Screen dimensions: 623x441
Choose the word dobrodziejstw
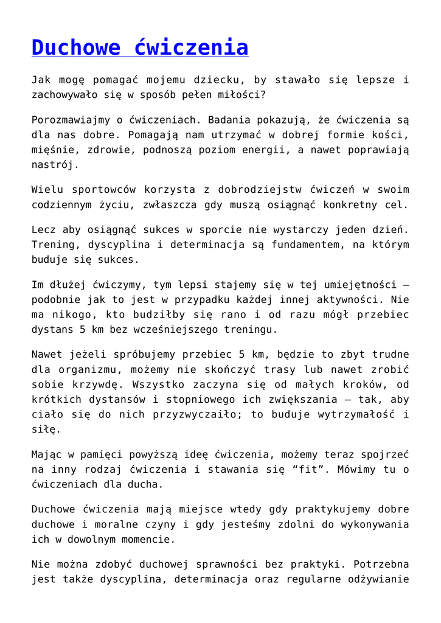coord(255,190)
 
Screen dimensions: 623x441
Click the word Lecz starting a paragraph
coord(45,230)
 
